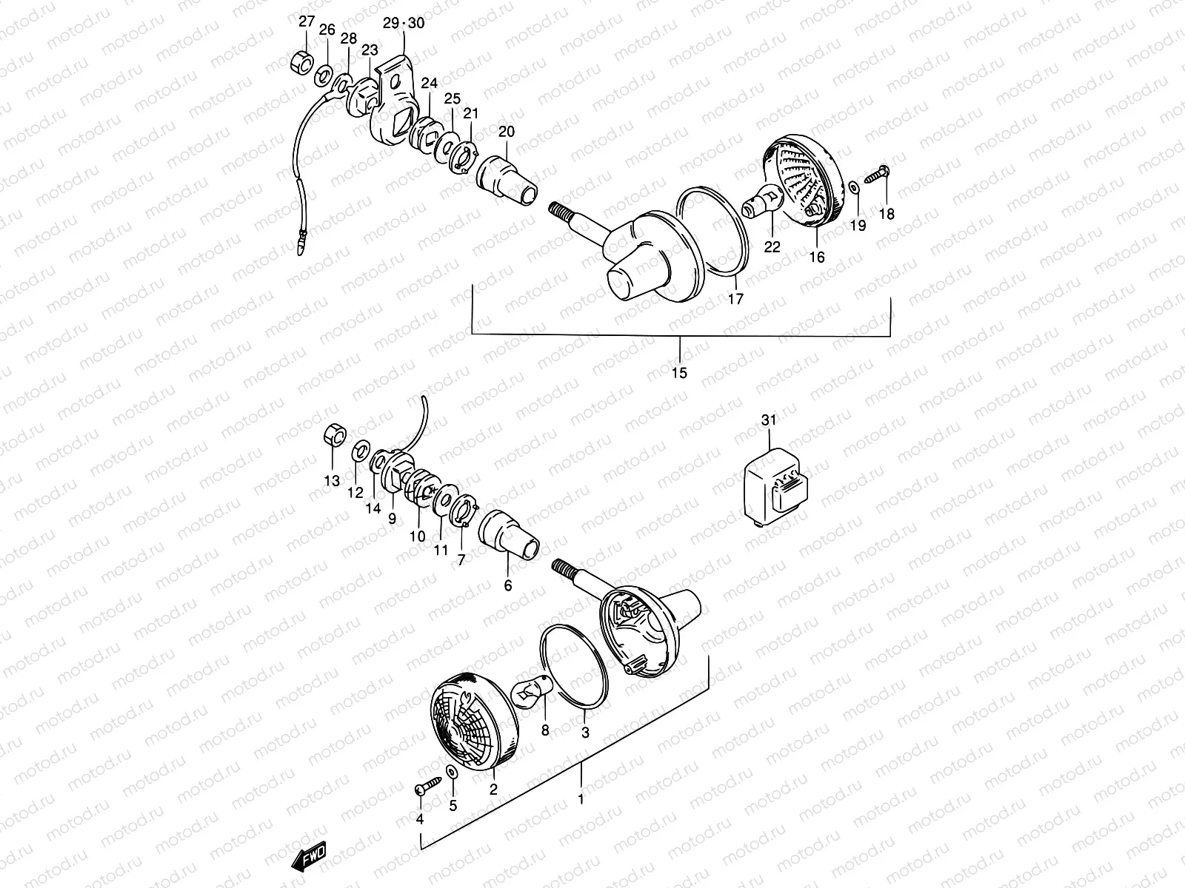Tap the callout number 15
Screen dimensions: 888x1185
679,373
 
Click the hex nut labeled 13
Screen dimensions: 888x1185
334,436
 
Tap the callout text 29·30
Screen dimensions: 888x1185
404,24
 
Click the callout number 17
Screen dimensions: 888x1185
735,299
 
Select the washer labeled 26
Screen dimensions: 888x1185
324,75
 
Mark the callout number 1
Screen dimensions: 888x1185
581,799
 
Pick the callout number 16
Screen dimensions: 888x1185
817,257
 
